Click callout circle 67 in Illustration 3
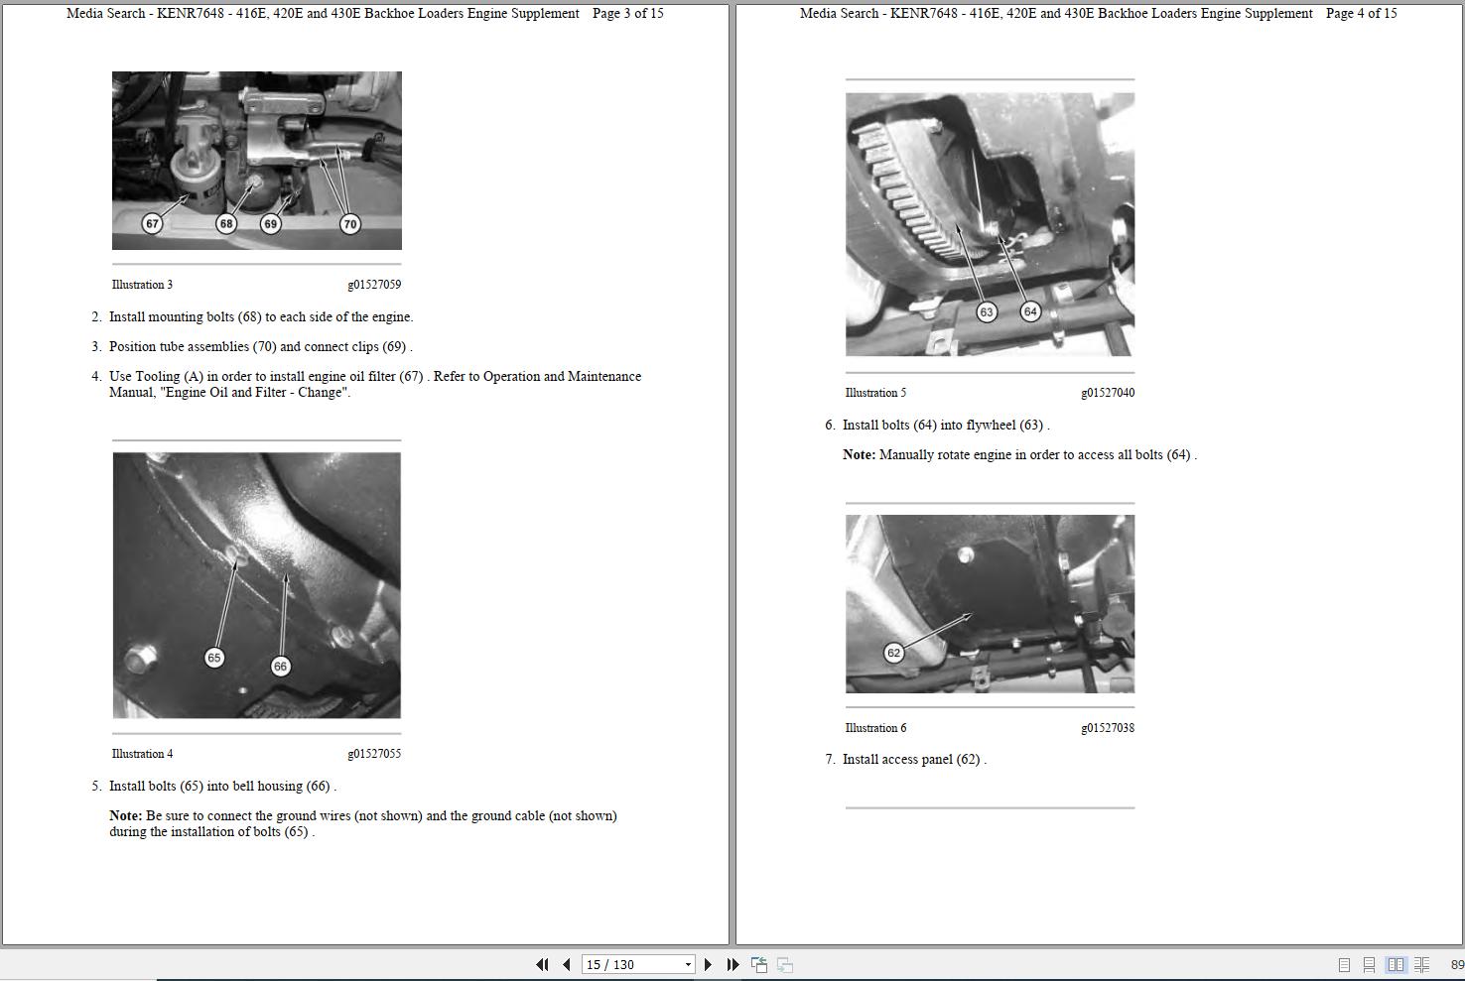152,224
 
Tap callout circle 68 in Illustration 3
226,224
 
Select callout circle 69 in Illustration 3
270,224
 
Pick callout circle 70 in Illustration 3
349,224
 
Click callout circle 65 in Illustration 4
214,658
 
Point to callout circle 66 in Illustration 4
280,667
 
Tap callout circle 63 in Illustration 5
986,312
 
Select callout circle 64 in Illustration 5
1030,311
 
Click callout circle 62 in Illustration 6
894,653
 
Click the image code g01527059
374,285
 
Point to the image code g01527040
1108,393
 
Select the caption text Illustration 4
142,754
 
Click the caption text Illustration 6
875,728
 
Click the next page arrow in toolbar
708,964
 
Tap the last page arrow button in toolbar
732,964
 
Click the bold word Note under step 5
125,816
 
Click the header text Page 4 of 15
1361,14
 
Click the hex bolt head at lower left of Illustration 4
140,657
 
